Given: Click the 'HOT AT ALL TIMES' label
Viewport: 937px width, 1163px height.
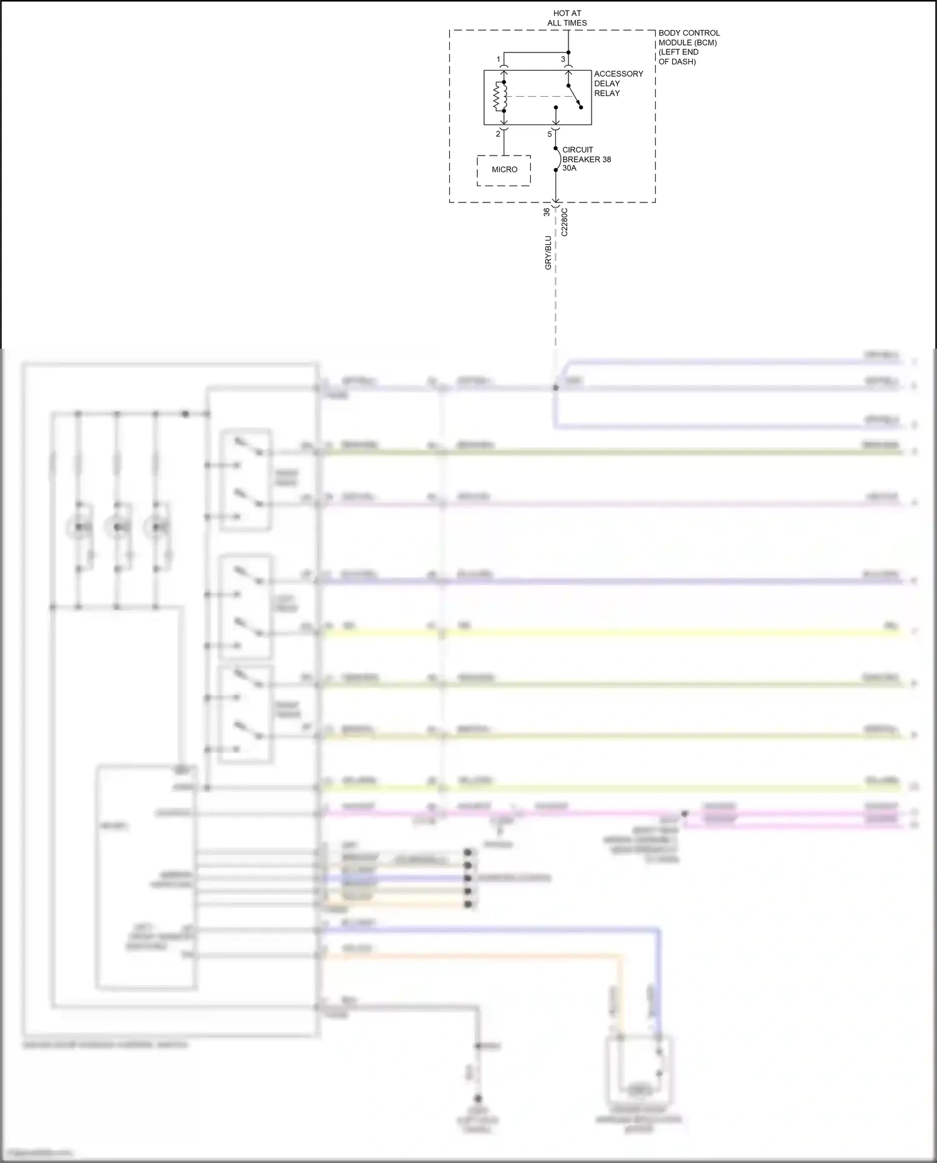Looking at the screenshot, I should pos(567,18).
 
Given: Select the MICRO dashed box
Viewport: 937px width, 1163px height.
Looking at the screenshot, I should pos(504,170).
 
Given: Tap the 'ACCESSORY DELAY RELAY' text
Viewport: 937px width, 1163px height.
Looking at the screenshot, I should pos(618,83).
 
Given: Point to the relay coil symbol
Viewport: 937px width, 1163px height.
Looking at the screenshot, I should pos(500,96).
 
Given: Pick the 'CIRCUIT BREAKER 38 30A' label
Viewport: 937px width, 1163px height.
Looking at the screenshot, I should pos(586,159).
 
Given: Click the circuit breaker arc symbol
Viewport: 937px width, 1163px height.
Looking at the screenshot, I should pos(558,159).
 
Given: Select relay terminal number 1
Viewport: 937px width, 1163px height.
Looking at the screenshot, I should pos(498,59).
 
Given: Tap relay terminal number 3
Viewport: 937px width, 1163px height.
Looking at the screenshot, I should pos(563,59).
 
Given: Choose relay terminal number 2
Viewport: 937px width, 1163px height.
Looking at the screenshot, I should pos(498,134).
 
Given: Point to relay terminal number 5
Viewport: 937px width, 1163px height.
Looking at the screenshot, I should pos(550,134).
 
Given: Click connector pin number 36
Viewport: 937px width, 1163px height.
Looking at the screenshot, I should pos(547,212).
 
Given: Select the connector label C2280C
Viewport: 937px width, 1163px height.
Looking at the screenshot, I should pos(565,222).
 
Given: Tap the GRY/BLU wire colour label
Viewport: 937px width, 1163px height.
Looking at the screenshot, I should pos(548,252).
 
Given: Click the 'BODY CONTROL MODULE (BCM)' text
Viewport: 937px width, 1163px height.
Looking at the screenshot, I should pos(688,37).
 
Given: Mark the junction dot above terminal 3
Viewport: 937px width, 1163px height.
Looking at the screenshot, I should pos(568,52).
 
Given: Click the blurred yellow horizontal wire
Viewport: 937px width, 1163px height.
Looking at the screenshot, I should pos(612,633).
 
